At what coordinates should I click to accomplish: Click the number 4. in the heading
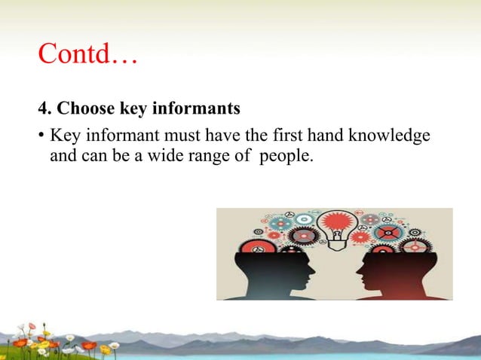[x=44, y=109]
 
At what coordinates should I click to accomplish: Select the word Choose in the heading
[x=85, y=109]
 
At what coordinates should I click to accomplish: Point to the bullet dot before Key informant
[x=42, y=137]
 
